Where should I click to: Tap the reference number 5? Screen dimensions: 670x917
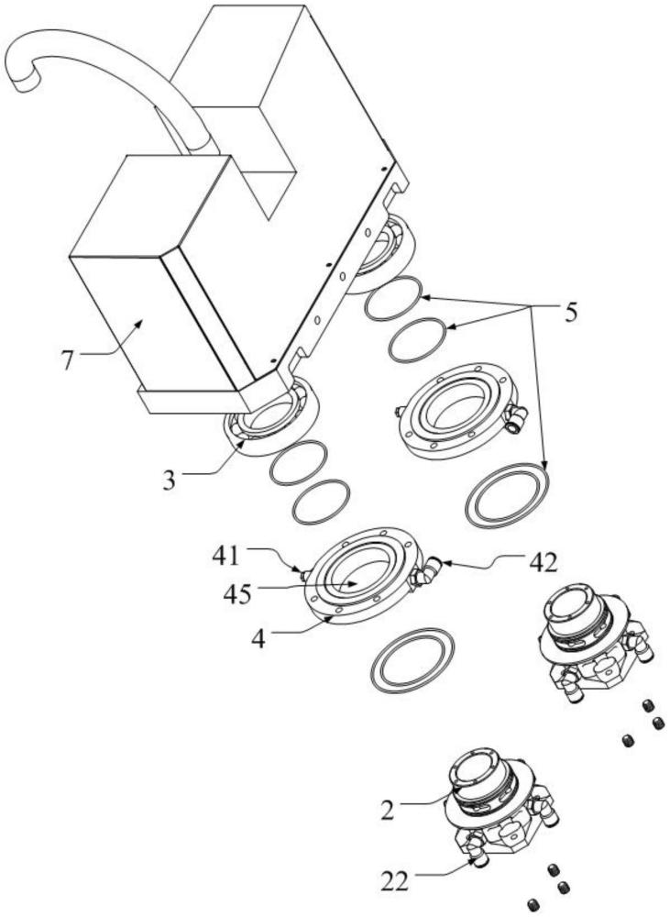pos(571,313)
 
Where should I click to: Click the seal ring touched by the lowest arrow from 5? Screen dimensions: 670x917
pos(507,496)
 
